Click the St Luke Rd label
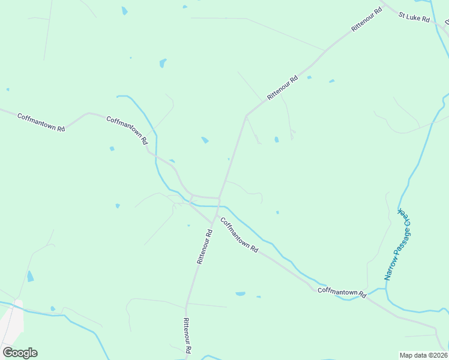click(x=414, y=19)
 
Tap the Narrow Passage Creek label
click(x=397, y=245)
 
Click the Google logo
click(x=20, y=352)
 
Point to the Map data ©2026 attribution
click(x=424, y=355)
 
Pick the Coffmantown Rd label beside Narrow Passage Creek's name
click(x=342, y=292)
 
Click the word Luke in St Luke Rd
click(x=415, y=19)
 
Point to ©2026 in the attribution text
click(x=437, y=355)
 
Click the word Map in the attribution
click(x=406, y=355)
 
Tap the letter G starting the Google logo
click(x=8, y=352)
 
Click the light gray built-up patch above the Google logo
click(x=12, y=324)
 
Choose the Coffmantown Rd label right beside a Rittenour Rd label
click(x=239, y=235)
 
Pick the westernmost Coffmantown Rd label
click(x=41, y=122)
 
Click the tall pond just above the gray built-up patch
click(x=30, y=276)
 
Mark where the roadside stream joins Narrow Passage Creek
click(x=385, y=289)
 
